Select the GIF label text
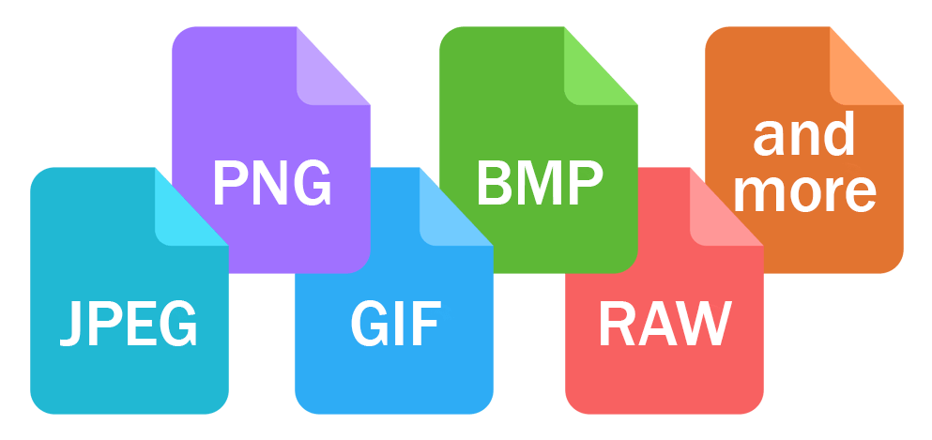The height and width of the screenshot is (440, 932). click(x=394, y=323)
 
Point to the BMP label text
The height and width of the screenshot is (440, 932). click(x=538, y=184)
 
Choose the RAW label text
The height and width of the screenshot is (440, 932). click(x=664, y=323)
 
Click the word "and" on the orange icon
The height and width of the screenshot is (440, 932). click(x=804, y=136)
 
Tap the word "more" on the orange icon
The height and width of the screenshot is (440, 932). click(x=804, y=191)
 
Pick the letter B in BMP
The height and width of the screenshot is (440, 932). click(x=493, y=184)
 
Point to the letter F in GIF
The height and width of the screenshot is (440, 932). click(x=427, y=323)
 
